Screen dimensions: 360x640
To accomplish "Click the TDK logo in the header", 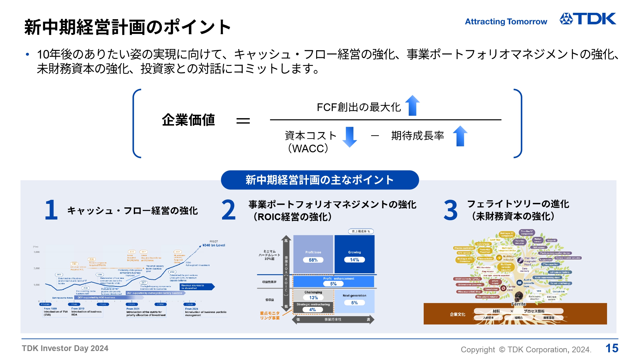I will pos(588,19).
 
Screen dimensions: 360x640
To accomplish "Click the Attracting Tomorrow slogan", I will pos(506,21).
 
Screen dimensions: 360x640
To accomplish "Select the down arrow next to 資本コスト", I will pos(349,137).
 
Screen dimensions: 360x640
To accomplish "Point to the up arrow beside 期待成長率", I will pos(460,136).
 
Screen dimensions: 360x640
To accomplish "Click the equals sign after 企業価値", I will pos(243,121).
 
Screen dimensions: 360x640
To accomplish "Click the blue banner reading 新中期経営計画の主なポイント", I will pos(320,180).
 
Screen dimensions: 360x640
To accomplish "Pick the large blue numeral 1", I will pos(51,210).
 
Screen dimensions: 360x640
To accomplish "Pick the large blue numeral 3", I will pos(451,210).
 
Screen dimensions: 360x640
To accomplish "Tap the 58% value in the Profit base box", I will pos(313,260).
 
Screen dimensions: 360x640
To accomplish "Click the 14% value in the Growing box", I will pos(354,260).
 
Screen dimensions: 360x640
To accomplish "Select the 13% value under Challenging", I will pos(313,298).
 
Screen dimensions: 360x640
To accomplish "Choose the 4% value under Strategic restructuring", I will pos(313,310).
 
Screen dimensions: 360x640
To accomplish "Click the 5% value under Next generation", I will pos(354,303).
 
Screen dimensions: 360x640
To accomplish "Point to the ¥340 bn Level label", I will pos(214,245).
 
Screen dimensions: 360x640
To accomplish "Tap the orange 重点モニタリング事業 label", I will pos(270,316).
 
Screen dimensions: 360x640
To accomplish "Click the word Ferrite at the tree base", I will pos(518,304).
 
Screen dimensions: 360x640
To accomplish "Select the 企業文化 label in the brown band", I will pos(458,314).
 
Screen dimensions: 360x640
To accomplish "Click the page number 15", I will pos(612,348).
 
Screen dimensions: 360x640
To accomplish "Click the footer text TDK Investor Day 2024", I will pos(65,348).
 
